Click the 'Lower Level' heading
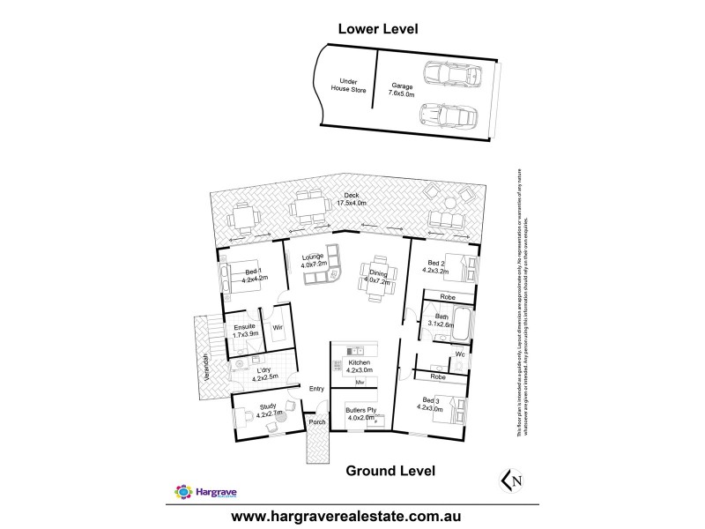[x=378, y=29]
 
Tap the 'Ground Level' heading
[x=390, y=471]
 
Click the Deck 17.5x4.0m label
[x=351, y=199]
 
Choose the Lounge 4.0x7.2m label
[x=314, y=260]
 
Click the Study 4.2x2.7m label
[x=268, y=410]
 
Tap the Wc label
[x=460, y=354]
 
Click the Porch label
[x=316, y=422]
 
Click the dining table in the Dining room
[x=370, y=281]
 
